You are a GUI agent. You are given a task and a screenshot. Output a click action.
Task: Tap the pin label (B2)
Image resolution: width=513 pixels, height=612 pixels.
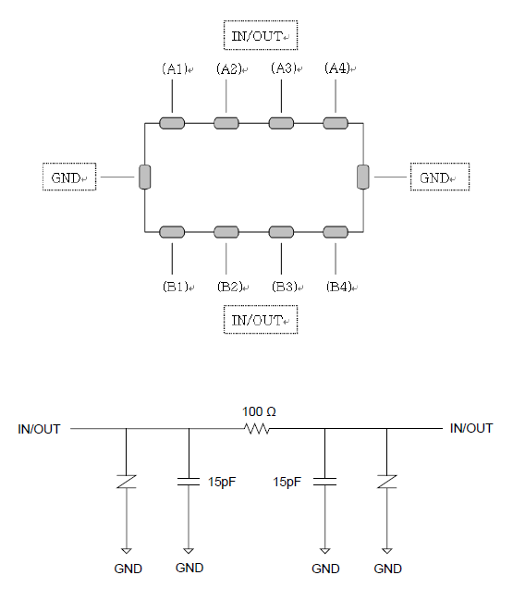(230, 287)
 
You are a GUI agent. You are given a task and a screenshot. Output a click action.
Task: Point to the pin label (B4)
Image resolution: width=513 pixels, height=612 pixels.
(339, 287)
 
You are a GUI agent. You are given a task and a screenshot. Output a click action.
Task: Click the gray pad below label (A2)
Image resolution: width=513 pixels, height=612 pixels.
(226, 123)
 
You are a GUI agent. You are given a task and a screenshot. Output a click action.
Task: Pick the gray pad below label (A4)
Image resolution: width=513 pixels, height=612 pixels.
(336, 123)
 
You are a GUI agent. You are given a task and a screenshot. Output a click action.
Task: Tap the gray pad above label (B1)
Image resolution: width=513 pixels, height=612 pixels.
(172, 232)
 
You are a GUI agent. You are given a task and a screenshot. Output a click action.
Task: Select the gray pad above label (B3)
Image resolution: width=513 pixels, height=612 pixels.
(281, 232)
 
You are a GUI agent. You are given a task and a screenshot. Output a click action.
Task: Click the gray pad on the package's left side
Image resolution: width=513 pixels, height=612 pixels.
(145, 177)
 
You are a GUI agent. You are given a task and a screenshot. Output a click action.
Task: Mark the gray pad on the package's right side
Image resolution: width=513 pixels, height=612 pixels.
(363, 177)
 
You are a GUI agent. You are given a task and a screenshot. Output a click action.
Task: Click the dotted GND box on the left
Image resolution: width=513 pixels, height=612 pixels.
(69, 177)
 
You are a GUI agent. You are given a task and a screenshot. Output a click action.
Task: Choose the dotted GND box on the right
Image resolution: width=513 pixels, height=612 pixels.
(440, 177)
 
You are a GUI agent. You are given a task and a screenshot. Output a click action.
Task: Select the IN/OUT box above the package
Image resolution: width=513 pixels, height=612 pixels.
(261, 35)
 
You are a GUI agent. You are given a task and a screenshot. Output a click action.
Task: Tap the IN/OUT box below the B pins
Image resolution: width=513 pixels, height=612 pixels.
(261, 320)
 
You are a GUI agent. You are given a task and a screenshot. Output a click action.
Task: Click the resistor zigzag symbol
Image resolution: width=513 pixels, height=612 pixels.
(257, 429)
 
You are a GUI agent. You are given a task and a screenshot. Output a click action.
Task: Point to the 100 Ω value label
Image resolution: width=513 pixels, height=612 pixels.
(259, 411)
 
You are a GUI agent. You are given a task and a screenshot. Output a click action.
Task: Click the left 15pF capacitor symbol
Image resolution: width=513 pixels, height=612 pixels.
(189, 482)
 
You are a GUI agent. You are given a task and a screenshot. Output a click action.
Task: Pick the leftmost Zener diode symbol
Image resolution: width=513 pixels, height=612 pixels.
(127, 482)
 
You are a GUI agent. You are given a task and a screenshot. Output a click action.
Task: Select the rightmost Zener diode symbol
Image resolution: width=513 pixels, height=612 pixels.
(387, 482)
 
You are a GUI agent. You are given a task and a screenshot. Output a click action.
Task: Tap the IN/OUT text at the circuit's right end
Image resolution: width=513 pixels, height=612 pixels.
(471, 428)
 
